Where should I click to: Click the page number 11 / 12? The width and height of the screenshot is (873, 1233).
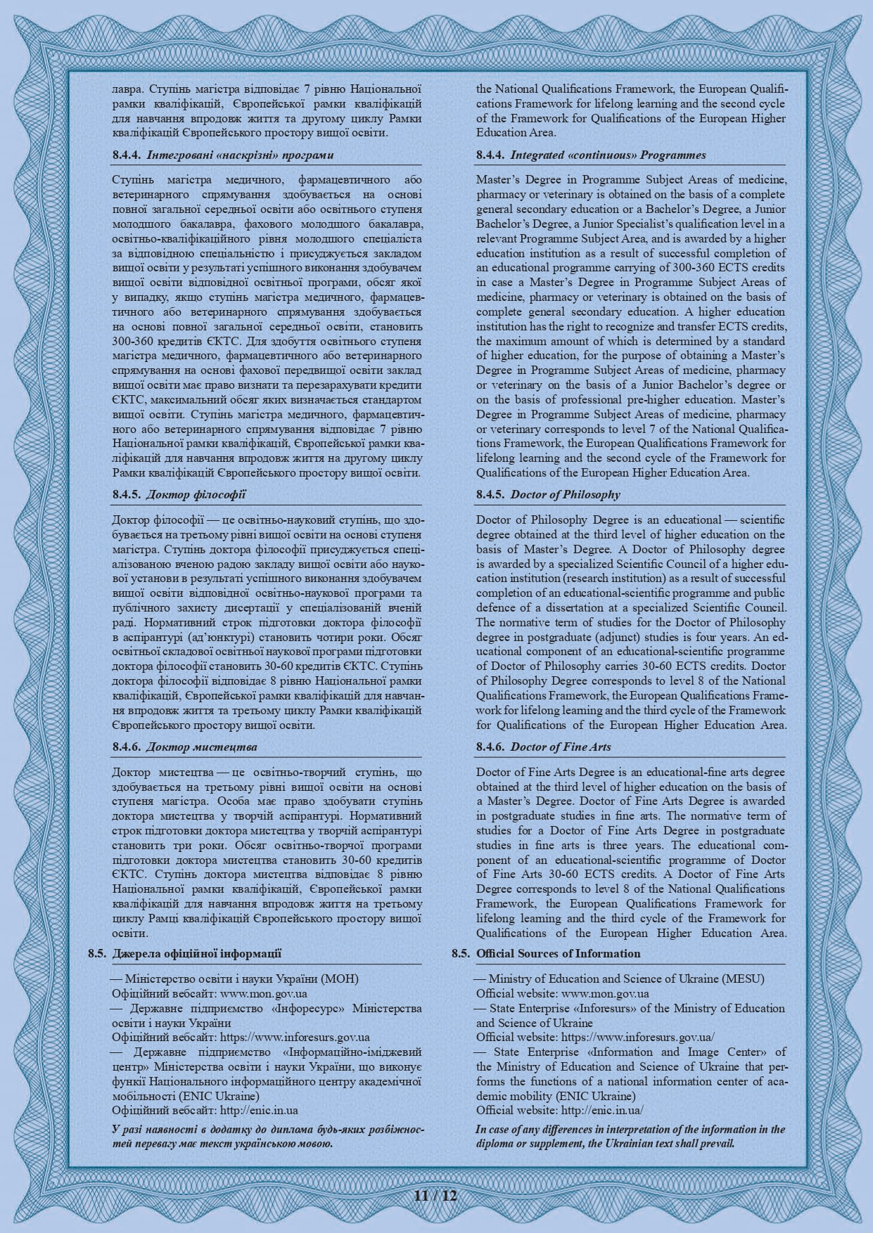coord(436,1196)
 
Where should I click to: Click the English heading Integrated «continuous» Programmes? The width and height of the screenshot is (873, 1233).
coord(608,155)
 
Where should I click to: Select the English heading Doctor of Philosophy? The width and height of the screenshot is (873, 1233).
coord(565,494)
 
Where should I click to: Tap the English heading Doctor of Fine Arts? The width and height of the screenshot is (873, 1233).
coord(560,747)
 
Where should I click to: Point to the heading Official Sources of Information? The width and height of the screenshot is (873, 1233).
coord(558,953)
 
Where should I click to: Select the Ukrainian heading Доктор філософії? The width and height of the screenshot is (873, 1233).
coord(196,494)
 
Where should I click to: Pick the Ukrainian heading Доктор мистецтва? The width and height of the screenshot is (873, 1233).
coord(201,747)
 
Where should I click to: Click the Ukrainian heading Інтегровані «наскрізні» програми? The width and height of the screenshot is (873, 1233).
coord(239,155)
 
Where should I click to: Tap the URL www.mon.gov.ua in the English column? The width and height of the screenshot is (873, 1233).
coord(605,993)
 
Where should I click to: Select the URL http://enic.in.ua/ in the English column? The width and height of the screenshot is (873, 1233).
coord(601,1110)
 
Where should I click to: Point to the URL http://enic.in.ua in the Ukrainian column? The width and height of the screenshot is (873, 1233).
coord(259,1110)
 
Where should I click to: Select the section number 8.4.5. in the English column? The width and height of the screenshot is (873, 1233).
coord(490,494)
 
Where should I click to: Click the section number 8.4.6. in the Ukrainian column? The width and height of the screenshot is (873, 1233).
coord(127,747)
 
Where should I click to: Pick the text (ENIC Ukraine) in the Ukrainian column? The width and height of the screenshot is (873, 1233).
coord(221,1096)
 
